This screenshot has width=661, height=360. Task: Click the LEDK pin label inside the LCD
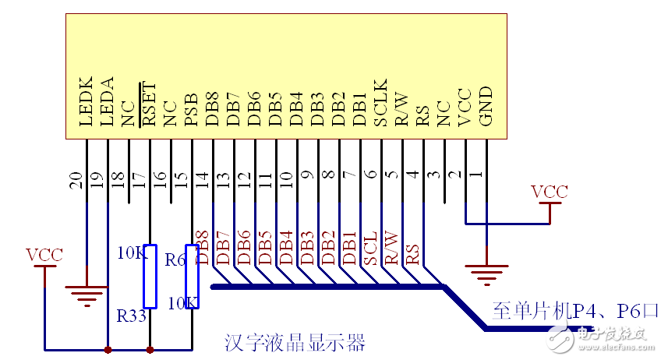(87, 101)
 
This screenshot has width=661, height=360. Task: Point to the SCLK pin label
(380, 101)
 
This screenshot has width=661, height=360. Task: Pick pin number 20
(76, 182)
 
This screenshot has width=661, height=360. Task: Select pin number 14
(202, 182)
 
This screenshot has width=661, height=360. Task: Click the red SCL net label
(370, 248)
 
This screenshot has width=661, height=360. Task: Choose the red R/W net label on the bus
(391, 248)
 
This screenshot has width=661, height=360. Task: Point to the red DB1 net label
(349, 248)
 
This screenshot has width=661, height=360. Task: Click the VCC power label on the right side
(549, 192)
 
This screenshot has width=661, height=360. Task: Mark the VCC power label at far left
(44, 255)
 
